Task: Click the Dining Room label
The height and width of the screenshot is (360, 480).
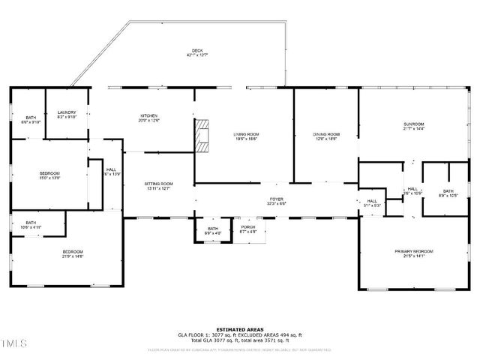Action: [326, 136]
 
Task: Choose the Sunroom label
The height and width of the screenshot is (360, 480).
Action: [413, 126]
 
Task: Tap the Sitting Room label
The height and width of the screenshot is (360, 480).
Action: [158, 185]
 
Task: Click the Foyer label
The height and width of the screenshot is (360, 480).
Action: [276, 201]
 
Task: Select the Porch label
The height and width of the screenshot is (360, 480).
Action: [247, 229]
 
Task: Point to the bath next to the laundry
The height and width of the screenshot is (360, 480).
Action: [31, 120]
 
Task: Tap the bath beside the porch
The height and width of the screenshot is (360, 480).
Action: [213, 230]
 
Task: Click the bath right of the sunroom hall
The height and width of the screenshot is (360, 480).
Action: [448, 193]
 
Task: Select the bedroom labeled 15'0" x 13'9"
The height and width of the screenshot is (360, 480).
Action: [49, 175]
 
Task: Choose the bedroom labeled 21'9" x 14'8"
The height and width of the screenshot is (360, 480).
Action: [72, 253]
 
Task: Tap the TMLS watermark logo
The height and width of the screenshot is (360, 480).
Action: [14, 344]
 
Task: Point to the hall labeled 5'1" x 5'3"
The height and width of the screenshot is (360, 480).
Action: [372, 202]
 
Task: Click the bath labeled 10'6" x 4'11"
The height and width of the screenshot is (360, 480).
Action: [31, 224]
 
